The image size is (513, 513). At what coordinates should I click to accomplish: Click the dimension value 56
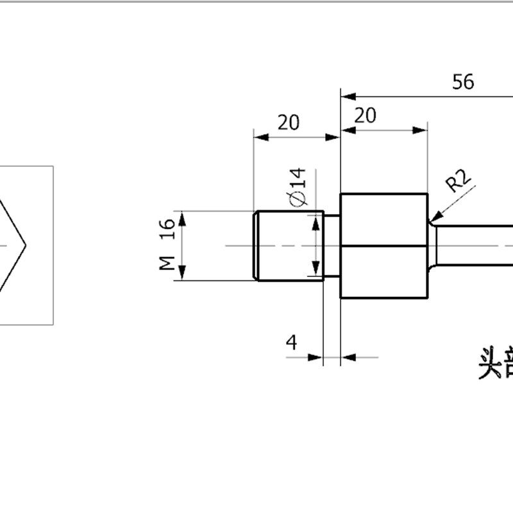463,82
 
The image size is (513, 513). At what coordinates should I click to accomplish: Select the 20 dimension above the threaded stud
289,122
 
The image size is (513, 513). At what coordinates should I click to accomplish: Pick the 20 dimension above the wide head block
365,115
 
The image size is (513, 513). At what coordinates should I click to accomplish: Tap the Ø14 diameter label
299,188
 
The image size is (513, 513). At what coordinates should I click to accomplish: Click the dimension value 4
292,342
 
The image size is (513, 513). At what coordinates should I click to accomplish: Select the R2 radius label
459,181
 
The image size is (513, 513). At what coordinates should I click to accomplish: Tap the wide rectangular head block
383,246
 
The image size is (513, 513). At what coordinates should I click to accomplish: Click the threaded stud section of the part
285,246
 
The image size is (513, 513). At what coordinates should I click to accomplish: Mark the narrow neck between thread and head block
331,246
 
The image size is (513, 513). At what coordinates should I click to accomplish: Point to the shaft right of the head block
475,246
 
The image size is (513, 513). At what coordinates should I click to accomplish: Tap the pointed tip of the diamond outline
25,245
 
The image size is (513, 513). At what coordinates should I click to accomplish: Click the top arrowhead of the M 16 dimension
182,216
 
